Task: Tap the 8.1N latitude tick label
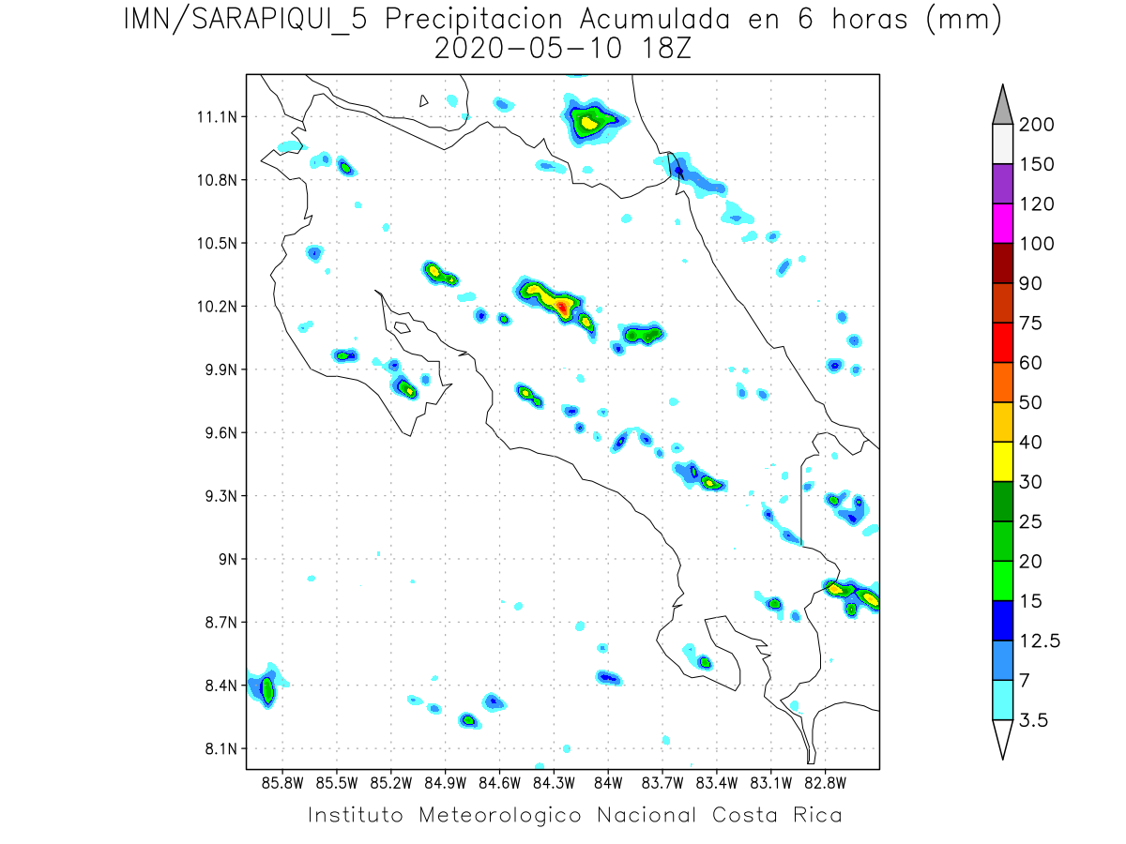point(213,748)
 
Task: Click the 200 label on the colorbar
point(1036,125)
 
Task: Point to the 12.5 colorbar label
point(1040,641)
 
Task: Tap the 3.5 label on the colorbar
point(1033,720)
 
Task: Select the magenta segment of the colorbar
point(1002,223)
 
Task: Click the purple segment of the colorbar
point(1002,184)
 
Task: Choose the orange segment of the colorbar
point(1002,382)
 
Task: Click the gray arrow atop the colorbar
point(1002,102)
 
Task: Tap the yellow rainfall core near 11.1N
point(589,122)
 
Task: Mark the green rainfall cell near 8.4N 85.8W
point(267,692)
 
